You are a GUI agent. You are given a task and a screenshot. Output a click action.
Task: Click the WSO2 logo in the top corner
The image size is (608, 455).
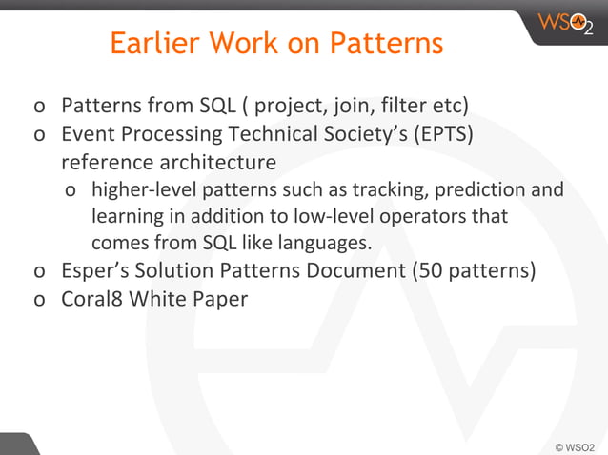(x=565, y=23)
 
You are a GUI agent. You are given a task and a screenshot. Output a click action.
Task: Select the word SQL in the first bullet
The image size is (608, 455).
(x=218, y=103)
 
